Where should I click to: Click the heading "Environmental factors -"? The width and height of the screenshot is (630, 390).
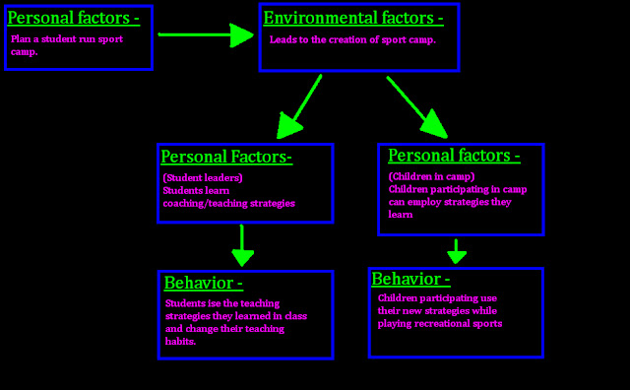352,18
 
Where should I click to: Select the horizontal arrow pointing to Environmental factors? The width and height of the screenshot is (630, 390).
206,35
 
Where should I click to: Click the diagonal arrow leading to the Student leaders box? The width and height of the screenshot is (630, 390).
301,105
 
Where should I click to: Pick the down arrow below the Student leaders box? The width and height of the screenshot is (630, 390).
243,245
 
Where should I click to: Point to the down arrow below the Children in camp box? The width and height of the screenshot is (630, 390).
456,251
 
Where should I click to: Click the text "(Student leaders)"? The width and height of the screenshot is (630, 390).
202,177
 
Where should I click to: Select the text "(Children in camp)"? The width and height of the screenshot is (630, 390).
431,176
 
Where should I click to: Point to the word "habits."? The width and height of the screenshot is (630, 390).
181,342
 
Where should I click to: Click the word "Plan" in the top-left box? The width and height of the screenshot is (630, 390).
20,38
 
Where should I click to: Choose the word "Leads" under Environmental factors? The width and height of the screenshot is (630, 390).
283,39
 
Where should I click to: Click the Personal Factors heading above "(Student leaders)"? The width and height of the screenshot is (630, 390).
226,157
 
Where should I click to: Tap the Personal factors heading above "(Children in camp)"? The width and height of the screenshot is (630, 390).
454,156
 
